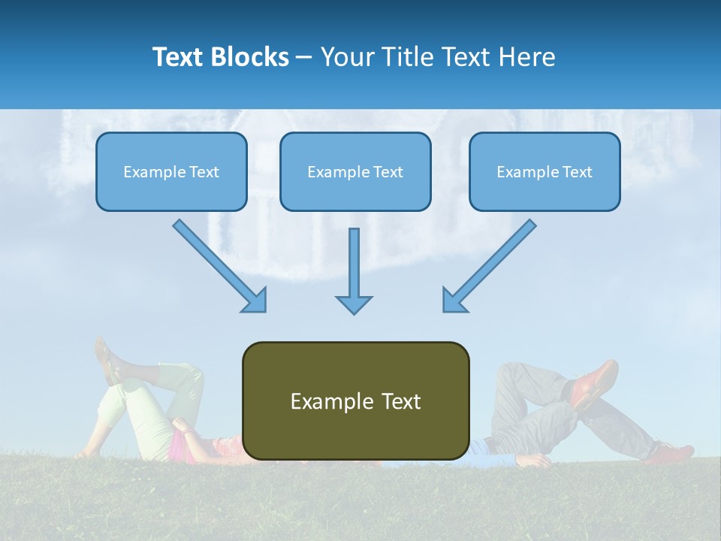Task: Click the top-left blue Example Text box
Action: pyautogui.click(x=171, y=171)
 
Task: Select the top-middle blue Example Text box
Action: pyautogui.click(x=355, y=171)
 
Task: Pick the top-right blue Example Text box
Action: pyautogui.click(x=545, y=171)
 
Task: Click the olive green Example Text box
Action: pyautogui.click(x=355, y=400)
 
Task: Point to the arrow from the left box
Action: pyautogui.click(x=218, y=264)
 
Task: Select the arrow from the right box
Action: pyautogui.click(x=492, y=263)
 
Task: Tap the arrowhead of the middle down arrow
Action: pyautogui.click(x=354, y=304)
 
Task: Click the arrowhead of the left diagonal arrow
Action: pyautogui.click(x=255, y=301)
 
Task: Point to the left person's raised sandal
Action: pyautogui.click(x=107, y=361)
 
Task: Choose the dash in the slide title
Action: pyautogui.click(x=304, y=57)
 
